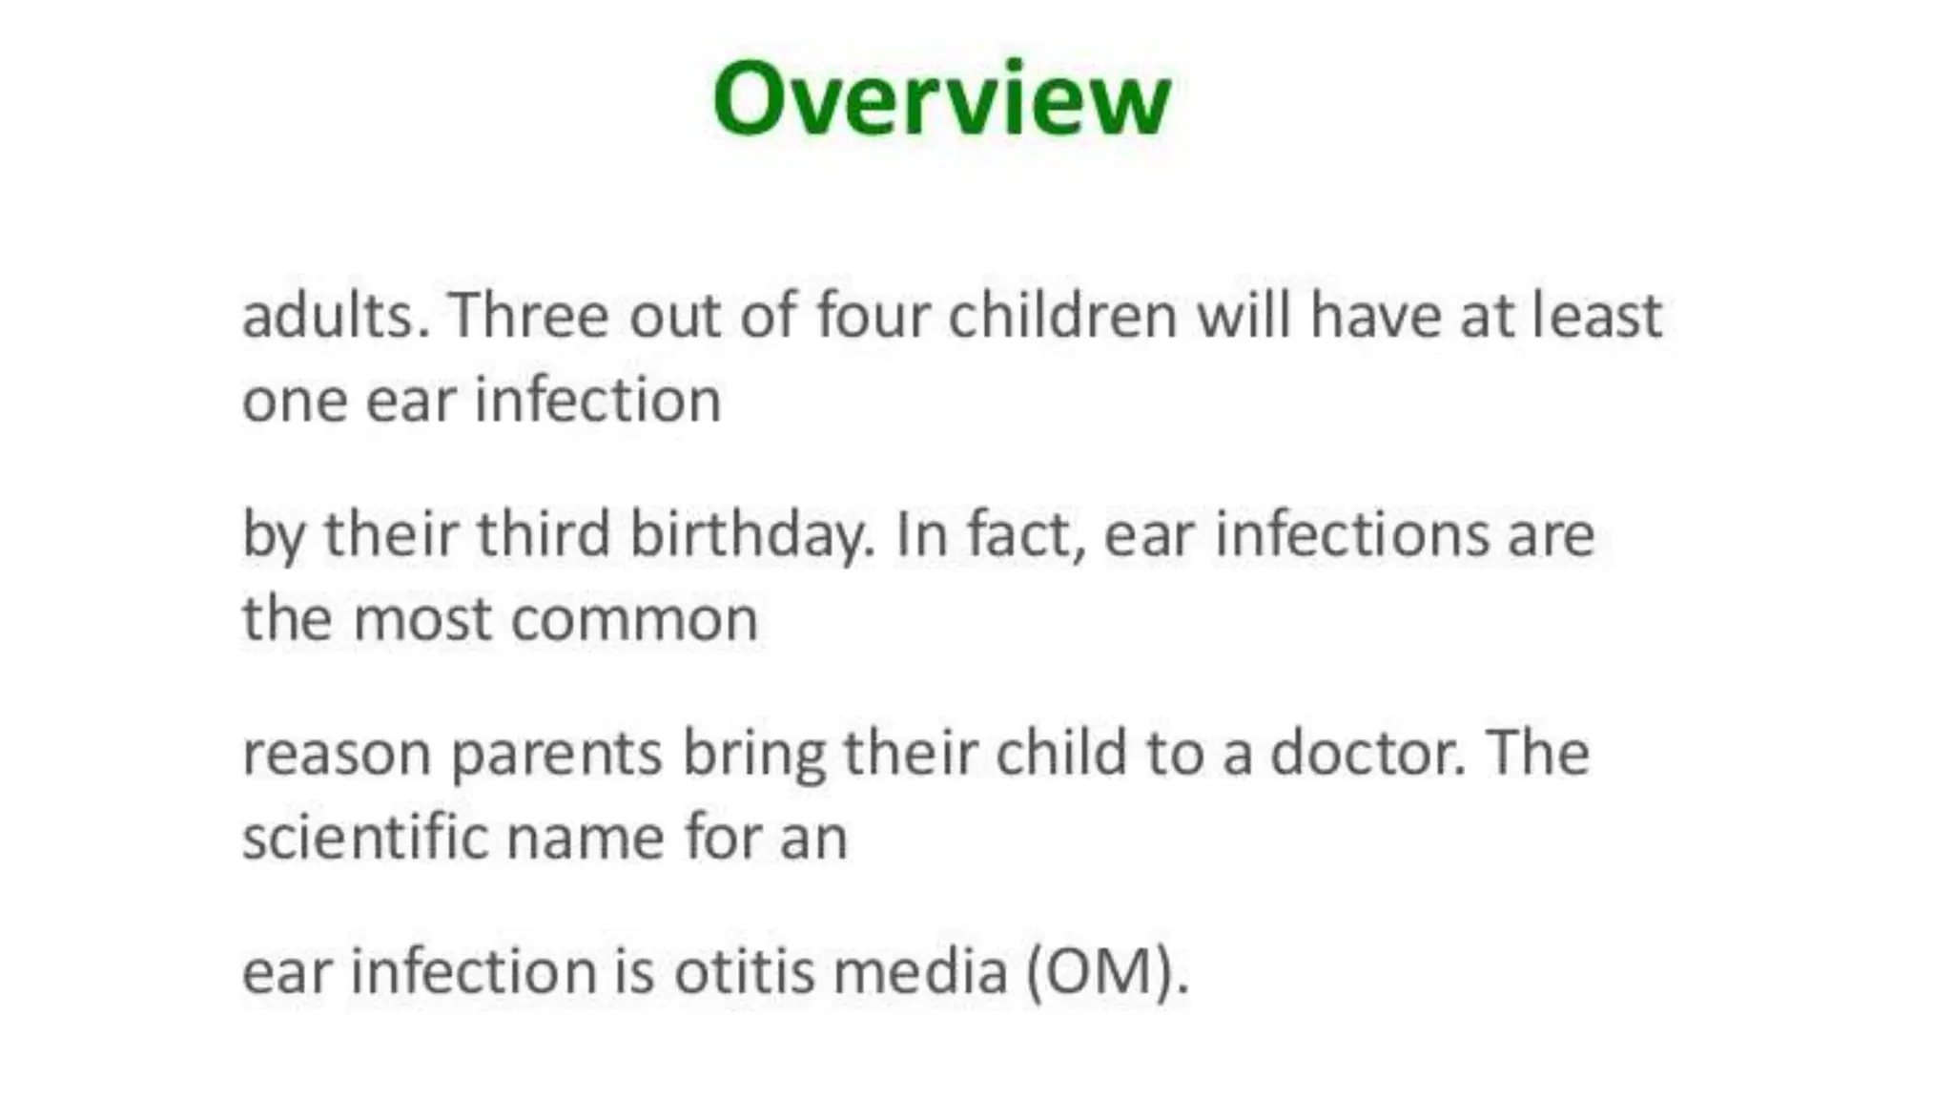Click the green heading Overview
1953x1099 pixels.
point(941,99)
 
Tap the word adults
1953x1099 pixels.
point(335,316)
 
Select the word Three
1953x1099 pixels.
point(528,316)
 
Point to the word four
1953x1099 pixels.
point(873,316)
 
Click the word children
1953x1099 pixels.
point(1062,316)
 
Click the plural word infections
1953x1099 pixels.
point(1351,534)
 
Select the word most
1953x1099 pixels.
point(422,619)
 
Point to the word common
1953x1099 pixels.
point(634,621)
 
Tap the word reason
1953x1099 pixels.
point(337,754)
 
